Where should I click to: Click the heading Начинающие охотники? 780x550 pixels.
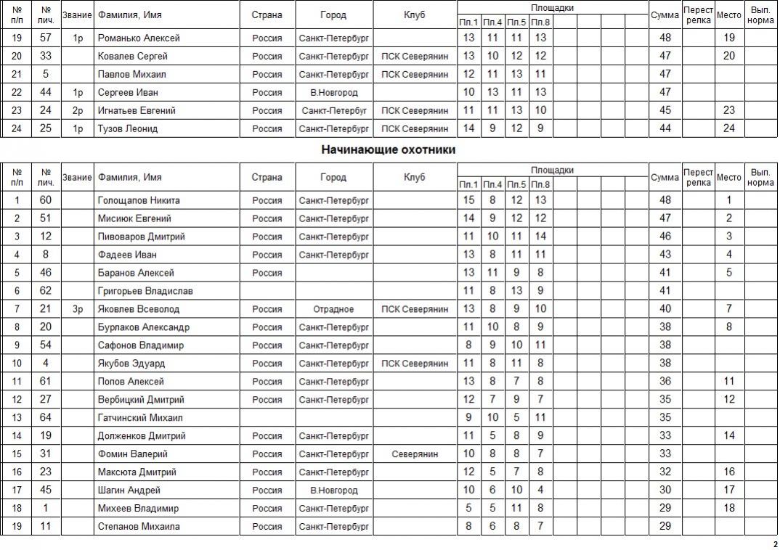click(392, 150)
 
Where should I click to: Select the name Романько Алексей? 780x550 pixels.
click(139, 38)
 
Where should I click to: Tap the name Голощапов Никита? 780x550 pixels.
click(139, 200)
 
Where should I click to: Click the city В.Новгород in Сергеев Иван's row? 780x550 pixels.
click(333, 92)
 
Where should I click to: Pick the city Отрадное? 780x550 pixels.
click(333, 309)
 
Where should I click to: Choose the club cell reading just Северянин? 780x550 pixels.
click(415, 454)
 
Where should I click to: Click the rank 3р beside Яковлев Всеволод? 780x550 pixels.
click(78, 309)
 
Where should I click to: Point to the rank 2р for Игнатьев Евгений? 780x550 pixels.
click(78, 110)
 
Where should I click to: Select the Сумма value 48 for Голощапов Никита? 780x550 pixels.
click(665, 200)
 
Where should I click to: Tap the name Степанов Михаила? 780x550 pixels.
click(139, 527)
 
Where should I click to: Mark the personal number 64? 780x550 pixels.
click(46, 418)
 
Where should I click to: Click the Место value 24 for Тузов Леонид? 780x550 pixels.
click(729, 128)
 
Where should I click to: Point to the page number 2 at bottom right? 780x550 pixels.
click(775, 543)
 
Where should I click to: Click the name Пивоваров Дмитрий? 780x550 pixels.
click(141, 237)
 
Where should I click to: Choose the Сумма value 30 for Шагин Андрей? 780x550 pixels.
click(665, 491)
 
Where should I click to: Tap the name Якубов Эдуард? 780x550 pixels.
click(131, 364)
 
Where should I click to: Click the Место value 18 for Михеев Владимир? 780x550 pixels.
click(729, 509)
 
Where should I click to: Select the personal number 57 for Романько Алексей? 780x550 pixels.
click(46, 38)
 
